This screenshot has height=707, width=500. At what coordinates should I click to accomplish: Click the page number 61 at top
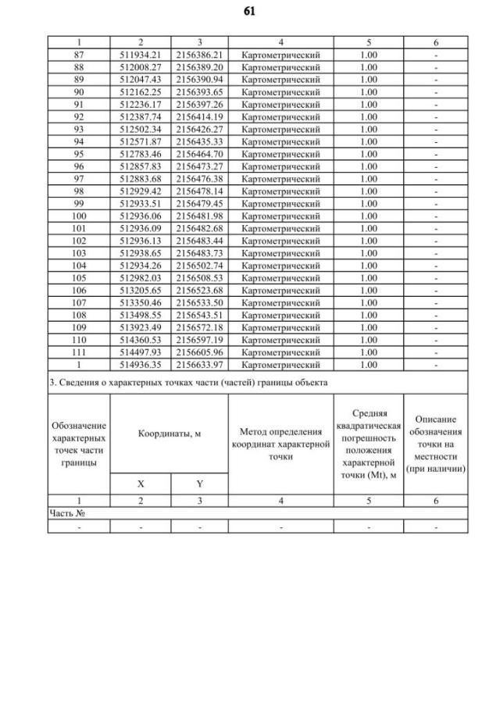coord(250,12)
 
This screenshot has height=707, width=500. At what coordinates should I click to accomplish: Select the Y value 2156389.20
coord(200,67)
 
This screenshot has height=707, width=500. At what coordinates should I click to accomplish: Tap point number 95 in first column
coord(78,153)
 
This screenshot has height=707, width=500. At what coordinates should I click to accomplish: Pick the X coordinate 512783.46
coord(141,153)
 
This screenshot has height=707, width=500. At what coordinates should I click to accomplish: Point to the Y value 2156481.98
coord(200,216)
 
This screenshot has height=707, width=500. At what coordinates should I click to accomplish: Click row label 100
coord(78,216)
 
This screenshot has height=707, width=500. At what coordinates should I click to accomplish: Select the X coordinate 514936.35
coord(141,364)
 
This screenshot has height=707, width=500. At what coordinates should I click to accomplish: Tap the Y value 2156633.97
coord(200,364)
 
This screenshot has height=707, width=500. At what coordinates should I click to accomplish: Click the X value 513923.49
coord(141,327)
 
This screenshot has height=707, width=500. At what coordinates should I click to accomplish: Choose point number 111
coord(78,352)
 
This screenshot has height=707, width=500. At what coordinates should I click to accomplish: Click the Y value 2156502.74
coord(200,265)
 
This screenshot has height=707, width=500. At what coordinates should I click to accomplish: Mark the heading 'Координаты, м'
coord(170,433)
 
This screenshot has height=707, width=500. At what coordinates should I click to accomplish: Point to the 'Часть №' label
coord(66,513)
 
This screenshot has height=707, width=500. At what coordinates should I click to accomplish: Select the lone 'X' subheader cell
coord(141,484)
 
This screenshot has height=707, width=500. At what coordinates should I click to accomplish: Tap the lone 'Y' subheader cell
coord(200,484)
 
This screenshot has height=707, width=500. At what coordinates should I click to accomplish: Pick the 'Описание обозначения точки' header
coord(436,444)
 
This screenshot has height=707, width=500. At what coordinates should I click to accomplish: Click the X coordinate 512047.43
coord(141,80)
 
